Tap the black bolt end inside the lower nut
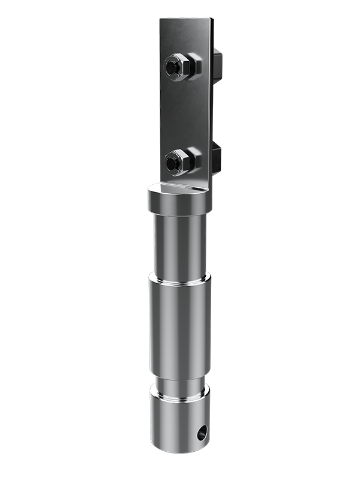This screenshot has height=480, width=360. click(173, 161)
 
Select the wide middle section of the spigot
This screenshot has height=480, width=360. click(180, 324)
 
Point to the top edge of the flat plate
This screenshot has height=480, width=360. click(186, 19)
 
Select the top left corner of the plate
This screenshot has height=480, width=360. click(161, 20)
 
